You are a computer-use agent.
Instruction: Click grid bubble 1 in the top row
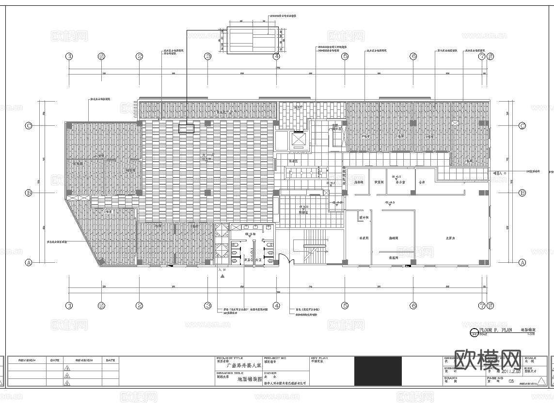coord(69,57)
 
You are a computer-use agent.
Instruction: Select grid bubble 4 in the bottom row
coord(276,306)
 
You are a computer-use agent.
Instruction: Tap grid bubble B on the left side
coord(29,193)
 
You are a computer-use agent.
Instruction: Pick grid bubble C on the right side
coord(522,126)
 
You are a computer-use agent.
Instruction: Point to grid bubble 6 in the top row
coord(413,57)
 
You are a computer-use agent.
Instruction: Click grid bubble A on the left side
coord(29,262)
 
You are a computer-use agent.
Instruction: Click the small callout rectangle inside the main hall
coord(186,128)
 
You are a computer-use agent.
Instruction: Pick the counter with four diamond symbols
coord(306,172)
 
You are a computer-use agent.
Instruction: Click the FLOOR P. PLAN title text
coord(494,330)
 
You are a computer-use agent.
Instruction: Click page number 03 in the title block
coord(511,382)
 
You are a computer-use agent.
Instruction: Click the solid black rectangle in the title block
coord(378,371)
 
